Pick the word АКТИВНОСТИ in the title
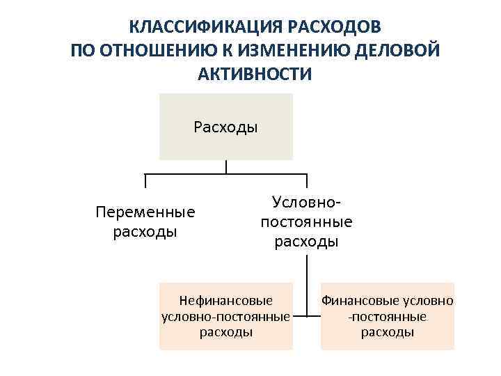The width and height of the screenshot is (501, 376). (255, 74)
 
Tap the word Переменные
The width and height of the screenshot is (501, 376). (145, 212)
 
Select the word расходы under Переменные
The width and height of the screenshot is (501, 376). (145, 230)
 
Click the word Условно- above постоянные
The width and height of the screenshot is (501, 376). (306, 202)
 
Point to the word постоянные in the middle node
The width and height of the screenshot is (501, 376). (306, 222)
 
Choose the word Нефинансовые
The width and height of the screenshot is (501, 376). (225, 301)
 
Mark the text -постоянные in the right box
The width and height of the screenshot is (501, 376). (388, 317)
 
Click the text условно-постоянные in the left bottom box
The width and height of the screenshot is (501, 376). (225, 317)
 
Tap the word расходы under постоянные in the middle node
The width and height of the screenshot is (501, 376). (306, 242)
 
